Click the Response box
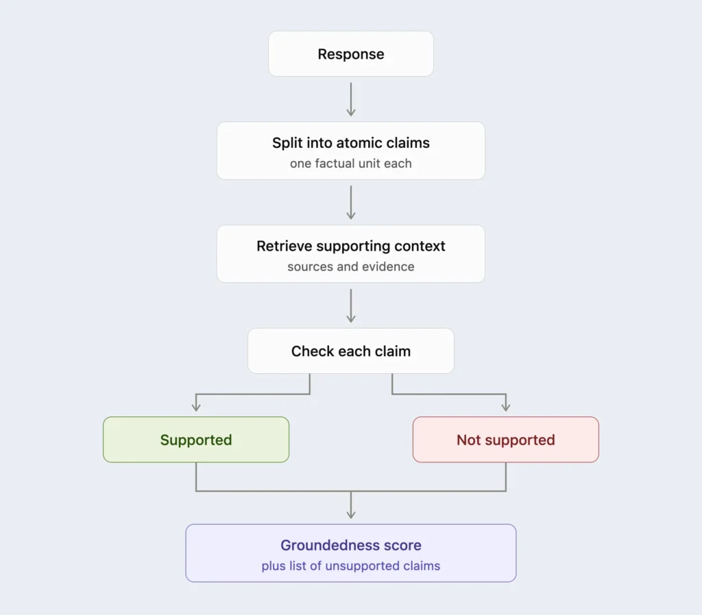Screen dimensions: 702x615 pyautogui.click(x=350, y=53)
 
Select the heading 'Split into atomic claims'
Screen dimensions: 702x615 pyautogui.click(x=350, y=142)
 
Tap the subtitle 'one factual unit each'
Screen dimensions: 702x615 pyautogui.click(x=350, y=164)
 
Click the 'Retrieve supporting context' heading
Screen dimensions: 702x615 pyautogui.click(x=350, y=246)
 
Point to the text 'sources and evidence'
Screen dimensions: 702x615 pyautogui.click(x=350, y=266)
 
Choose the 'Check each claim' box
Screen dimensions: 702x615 pyautogui.click(x=350, y=351)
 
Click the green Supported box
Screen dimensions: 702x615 pyautogui.click(x=196, y=440)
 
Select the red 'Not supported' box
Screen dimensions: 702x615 pyautogui.click(x=505, y=440)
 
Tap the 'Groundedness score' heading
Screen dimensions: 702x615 pyautogui.click(x=350, y=545)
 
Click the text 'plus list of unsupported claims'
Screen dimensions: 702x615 pyautogui.click(x=350, y=566)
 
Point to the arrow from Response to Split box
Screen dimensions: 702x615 pyautogui.click(x=351, y=99)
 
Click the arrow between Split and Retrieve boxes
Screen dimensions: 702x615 pyautogui.click(x=351, y=203)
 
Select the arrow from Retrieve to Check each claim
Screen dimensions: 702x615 pyautogui.click(x=351, y=306)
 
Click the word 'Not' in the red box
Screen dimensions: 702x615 pyautogui.click(x=468, y=440)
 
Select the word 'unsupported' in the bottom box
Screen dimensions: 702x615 pyautogui.click(x=362, y=566)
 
